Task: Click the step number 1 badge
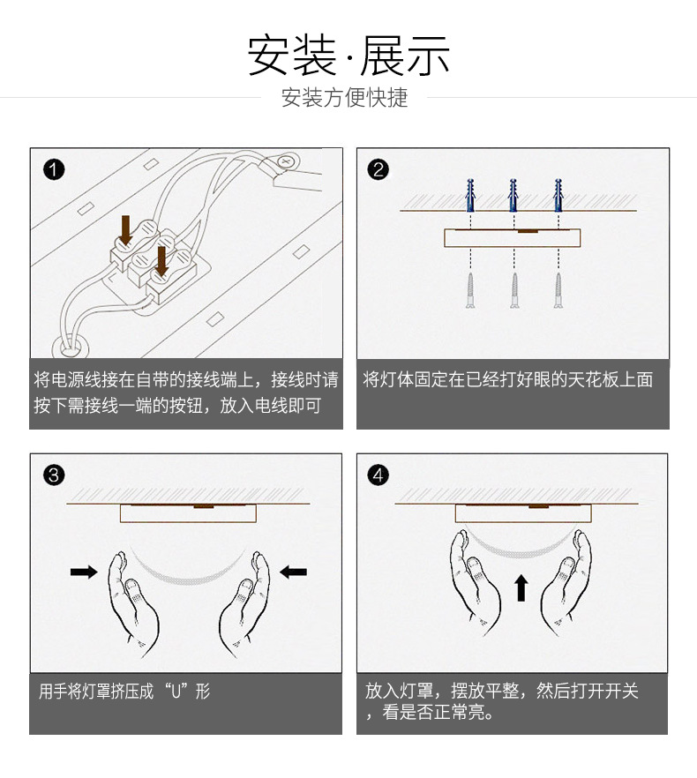[54, 169]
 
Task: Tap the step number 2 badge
[378, 169]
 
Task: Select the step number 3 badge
[54, 475]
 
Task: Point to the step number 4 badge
[378, 475]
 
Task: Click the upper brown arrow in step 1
[126, 230]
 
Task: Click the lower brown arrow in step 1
[161, 261]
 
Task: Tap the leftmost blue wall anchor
[470, 196]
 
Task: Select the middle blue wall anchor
[513, 196]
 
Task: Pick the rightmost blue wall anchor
[558, 196]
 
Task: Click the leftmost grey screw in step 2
[470, 291]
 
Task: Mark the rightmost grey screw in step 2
[558, 291]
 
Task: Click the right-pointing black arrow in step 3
[84, 572]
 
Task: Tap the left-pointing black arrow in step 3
[294, 572]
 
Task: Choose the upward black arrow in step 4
[521, 588]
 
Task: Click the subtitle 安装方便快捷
[344, 98]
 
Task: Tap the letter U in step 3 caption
[176, 692]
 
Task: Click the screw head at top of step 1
[285, 161]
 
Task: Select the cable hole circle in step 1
[71, 346]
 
